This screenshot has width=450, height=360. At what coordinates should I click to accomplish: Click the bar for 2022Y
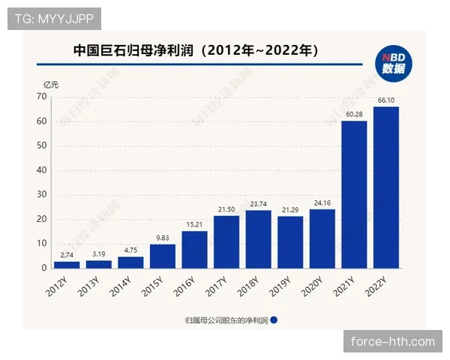(x=386, y=187)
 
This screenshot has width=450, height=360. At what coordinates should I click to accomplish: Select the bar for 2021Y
(x=354, y=194)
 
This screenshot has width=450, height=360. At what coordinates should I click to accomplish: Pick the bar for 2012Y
(x=67, y=265)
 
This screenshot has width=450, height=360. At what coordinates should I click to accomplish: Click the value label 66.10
(x=386, y=100)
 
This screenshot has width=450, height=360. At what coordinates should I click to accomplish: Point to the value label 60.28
(x=354, y=114)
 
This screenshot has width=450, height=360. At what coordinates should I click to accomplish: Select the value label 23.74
(x=258, y=203)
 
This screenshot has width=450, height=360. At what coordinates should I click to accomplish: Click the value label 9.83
(x=163, y=238)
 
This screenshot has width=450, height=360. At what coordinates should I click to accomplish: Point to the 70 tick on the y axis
(x=43, y=97)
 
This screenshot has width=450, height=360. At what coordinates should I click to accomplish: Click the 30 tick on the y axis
(x=43, y=194)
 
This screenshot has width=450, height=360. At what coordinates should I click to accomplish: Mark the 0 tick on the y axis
(x=45, y=268)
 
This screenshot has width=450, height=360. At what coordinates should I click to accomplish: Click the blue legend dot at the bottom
(x=274, y=319)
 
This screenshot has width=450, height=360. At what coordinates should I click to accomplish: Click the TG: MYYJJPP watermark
(x=54, y=18)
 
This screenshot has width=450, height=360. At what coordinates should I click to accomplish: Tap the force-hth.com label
(x=393, y=342)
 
